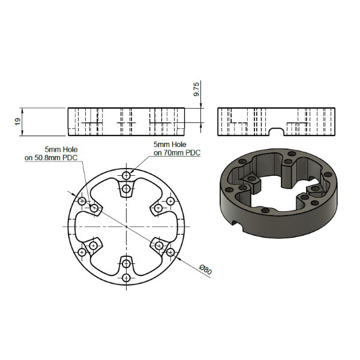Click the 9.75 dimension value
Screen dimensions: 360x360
pyautogui.click(x=196, y=90)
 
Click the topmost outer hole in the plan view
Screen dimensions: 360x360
pyautogui.click(x=126, y=175)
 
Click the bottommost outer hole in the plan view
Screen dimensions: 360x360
pyautogui.click(x=126, y=278)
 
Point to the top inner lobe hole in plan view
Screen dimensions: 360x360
pyautogui.click(x=126, y=189)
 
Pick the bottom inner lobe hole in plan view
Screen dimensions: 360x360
pyautogui.click(x=126, y=263)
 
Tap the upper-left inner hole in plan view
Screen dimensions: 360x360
pyautogui.click(x=94, y=208)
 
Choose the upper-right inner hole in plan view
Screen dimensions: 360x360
pyautogui.click(x=158, y=208)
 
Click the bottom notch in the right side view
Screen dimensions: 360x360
pyautogui.click(x=277, y=130)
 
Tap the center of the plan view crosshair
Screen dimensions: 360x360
pyautogui.click(x=126, y=226)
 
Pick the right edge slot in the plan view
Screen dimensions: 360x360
pyautogui.click(x=179, y=226)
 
